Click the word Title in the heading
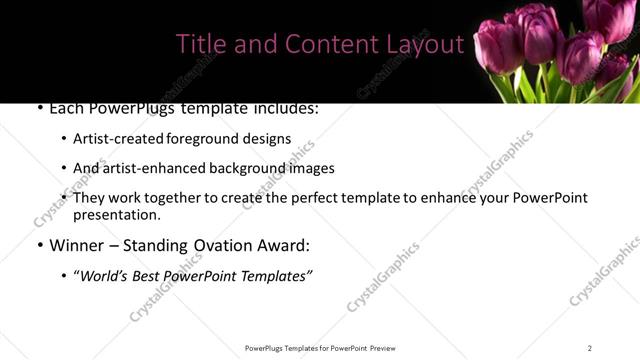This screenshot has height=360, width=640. click(x=198, y=44)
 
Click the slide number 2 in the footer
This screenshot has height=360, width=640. click(x=590, y=348)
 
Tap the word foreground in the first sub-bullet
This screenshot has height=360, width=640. click(x=204, y=139)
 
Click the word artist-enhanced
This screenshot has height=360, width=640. click(x=150, y=169)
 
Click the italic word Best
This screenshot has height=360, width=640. click(x=153, y=274)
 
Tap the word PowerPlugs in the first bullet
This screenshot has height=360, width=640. click(x=128, y=107)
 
